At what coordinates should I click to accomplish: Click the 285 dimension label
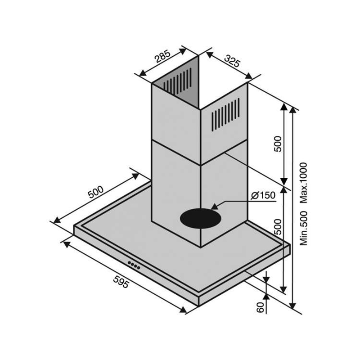[x=162, y=56]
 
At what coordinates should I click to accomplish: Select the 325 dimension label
[x=232, y=61]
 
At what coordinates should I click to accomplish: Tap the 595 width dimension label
[x=121, y=282]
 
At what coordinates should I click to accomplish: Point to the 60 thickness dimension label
[x=260, y=307]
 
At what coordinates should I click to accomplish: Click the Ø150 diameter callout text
[x=263, y=195]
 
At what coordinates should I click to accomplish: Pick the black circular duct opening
[x=201, y=218]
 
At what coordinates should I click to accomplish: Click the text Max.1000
[x=303, y=183]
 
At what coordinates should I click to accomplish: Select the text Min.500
[x=303, y=228]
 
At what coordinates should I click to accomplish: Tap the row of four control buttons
[x=134, y=265]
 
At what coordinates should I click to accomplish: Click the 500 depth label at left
[x=96, y=192]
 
